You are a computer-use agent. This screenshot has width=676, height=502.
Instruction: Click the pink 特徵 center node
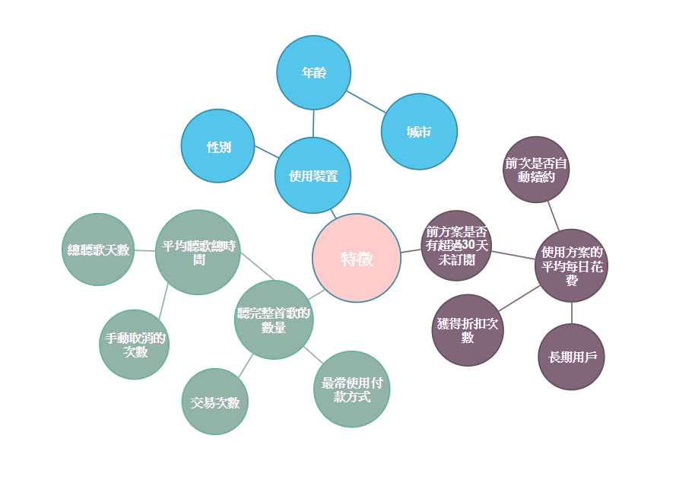click(357, 258)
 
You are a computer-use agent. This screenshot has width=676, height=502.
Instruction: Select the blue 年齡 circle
click(314, 72)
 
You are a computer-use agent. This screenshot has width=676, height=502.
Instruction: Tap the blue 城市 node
click(419, 132)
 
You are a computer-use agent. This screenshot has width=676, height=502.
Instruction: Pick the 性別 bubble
click(218, 146)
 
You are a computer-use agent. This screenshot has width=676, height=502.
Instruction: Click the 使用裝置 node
click(313, 175)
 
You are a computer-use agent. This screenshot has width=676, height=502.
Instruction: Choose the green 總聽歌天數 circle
click(98, 249)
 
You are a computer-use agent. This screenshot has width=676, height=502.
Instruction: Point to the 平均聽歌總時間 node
click(198, 253)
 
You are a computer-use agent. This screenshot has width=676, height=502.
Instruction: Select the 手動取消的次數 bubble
click(134, 345)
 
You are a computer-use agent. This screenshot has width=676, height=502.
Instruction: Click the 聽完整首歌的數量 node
click(274, 319)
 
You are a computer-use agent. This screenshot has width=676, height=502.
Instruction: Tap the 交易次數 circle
click(214, 402)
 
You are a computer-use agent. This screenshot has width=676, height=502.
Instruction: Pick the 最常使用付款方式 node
click(352, 389)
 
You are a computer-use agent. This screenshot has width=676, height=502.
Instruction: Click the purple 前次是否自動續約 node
click(536, 170)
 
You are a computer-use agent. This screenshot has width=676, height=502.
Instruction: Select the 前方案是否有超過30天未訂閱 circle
click(456, 246)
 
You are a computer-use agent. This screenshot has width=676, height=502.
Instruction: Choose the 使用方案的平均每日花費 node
click(571, 265)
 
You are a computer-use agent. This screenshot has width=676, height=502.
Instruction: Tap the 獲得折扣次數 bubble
click(468, 330)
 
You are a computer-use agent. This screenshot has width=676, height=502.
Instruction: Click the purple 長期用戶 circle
click(571, 357)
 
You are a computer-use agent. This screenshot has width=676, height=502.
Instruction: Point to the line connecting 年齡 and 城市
click(366, 102)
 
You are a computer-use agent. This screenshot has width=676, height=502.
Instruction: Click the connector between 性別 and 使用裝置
click(266, 152)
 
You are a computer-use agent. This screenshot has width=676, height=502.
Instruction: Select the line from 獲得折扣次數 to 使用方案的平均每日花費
click(519, 298)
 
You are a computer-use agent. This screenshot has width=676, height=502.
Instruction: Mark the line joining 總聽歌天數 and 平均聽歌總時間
click(144, 250)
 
